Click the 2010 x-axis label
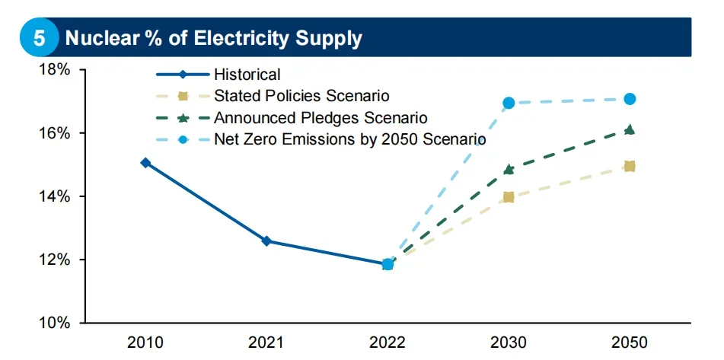click(x=145, y=343)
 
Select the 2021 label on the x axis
click(x=266, y=343)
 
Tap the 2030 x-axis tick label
click(x=509, y=343)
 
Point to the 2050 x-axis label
click(x=630, y=343)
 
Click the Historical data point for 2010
click(x=145, y=162)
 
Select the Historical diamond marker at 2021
click(x=266, y=241)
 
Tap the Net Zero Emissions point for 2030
click(x=509, y=103)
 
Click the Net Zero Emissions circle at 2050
click(x=630, y=99)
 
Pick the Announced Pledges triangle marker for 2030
click(x=509, y=170)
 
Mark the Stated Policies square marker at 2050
click(x=630, y=166)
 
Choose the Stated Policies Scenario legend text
click(x=301, y=96)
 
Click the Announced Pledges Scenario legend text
click(x=321, y=118)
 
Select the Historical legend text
click(x=247, y=75)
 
